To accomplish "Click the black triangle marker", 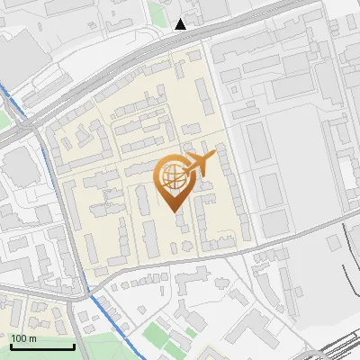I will (182, 23).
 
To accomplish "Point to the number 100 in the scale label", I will (19, 338).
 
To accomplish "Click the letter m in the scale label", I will (31, 338).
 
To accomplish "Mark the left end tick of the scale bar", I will (10, 345).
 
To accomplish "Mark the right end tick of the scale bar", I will (73, 345).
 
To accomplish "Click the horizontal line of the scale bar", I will (41, 347).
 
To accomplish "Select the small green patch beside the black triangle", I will (158, 13).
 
